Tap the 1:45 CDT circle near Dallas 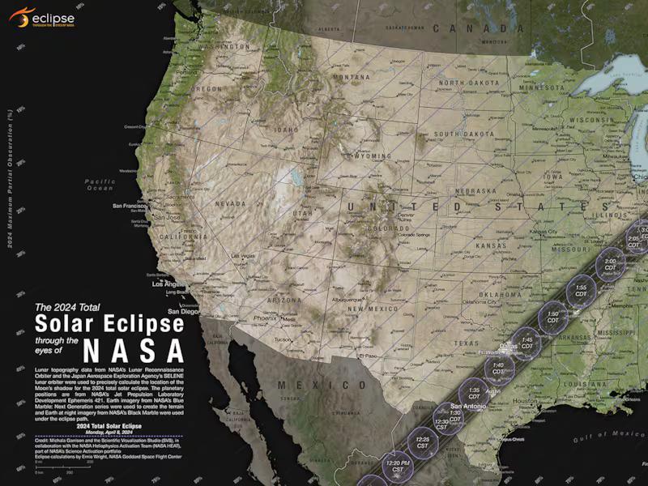tap(526, 342)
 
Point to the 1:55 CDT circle tap(581, 290)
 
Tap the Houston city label tap(525, 400)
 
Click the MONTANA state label tap(350, 78)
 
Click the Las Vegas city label tap(243, 256)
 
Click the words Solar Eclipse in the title tap(109, 323)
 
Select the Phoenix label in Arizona tap(264, 318)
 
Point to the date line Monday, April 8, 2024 tap(109, 432)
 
